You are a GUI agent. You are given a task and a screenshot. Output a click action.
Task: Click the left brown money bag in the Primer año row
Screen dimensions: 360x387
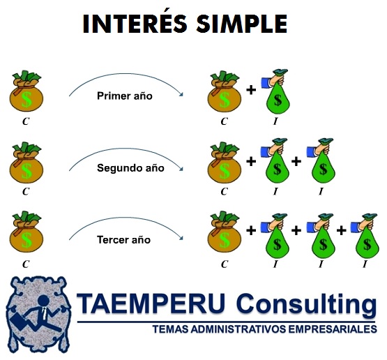pos(25,93)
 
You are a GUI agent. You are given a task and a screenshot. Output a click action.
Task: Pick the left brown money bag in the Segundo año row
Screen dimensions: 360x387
pos(25,165)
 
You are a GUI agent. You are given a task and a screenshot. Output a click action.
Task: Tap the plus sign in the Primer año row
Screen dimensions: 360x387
pos(251,89)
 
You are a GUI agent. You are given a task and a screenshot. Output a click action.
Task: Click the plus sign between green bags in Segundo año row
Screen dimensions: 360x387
pos(296,162)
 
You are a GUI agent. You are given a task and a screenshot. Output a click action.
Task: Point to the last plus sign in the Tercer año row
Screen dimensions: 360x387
pos(342,231)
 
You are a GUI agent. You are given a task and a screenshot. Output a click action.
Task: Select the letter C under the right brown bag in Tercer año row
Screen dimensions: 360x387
pos(224,264)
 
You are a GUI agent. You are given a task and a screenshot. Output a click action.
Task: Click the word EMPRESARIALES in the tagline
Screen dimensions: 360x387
pos(326,329)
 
